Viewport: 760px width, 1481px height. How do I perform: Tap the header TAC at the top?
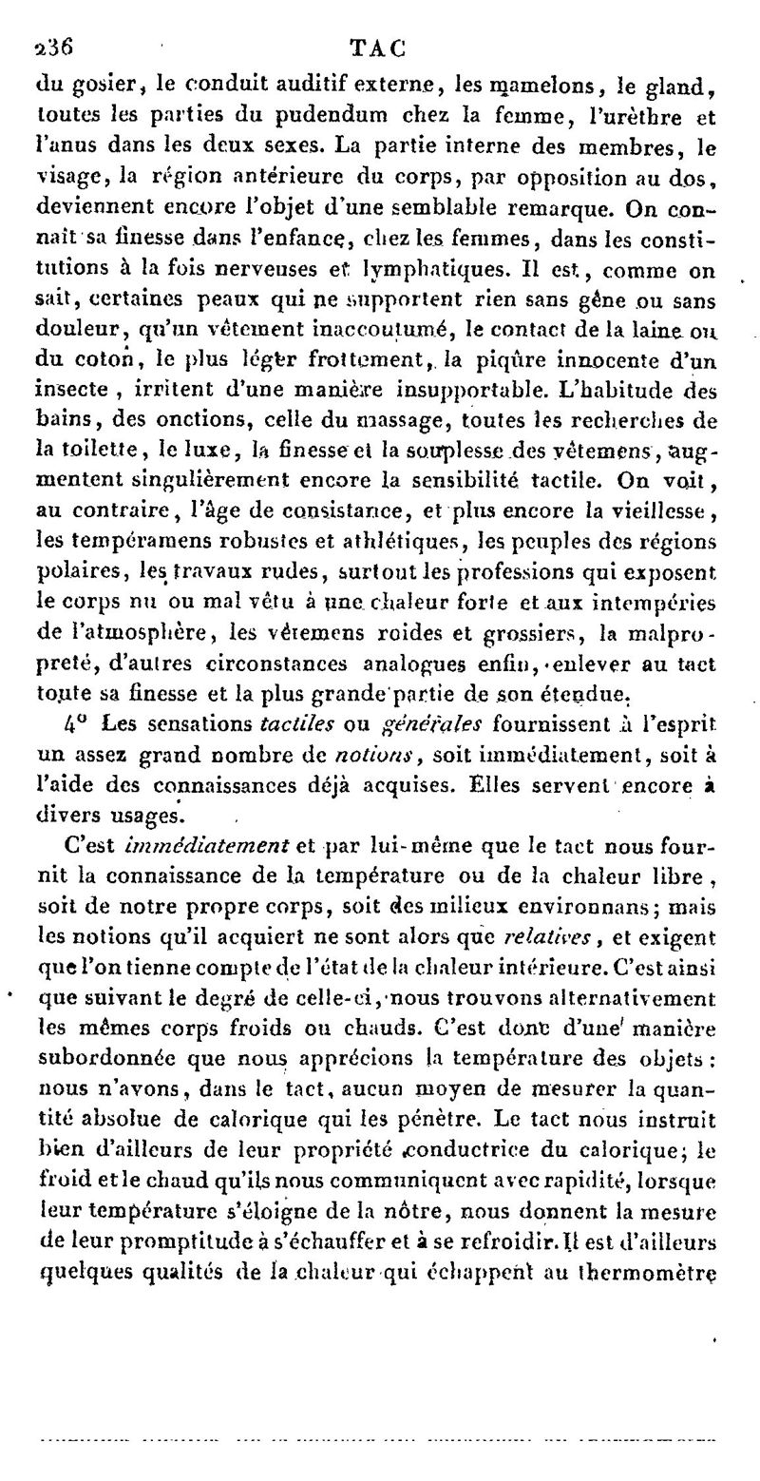tap(378, 47)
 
